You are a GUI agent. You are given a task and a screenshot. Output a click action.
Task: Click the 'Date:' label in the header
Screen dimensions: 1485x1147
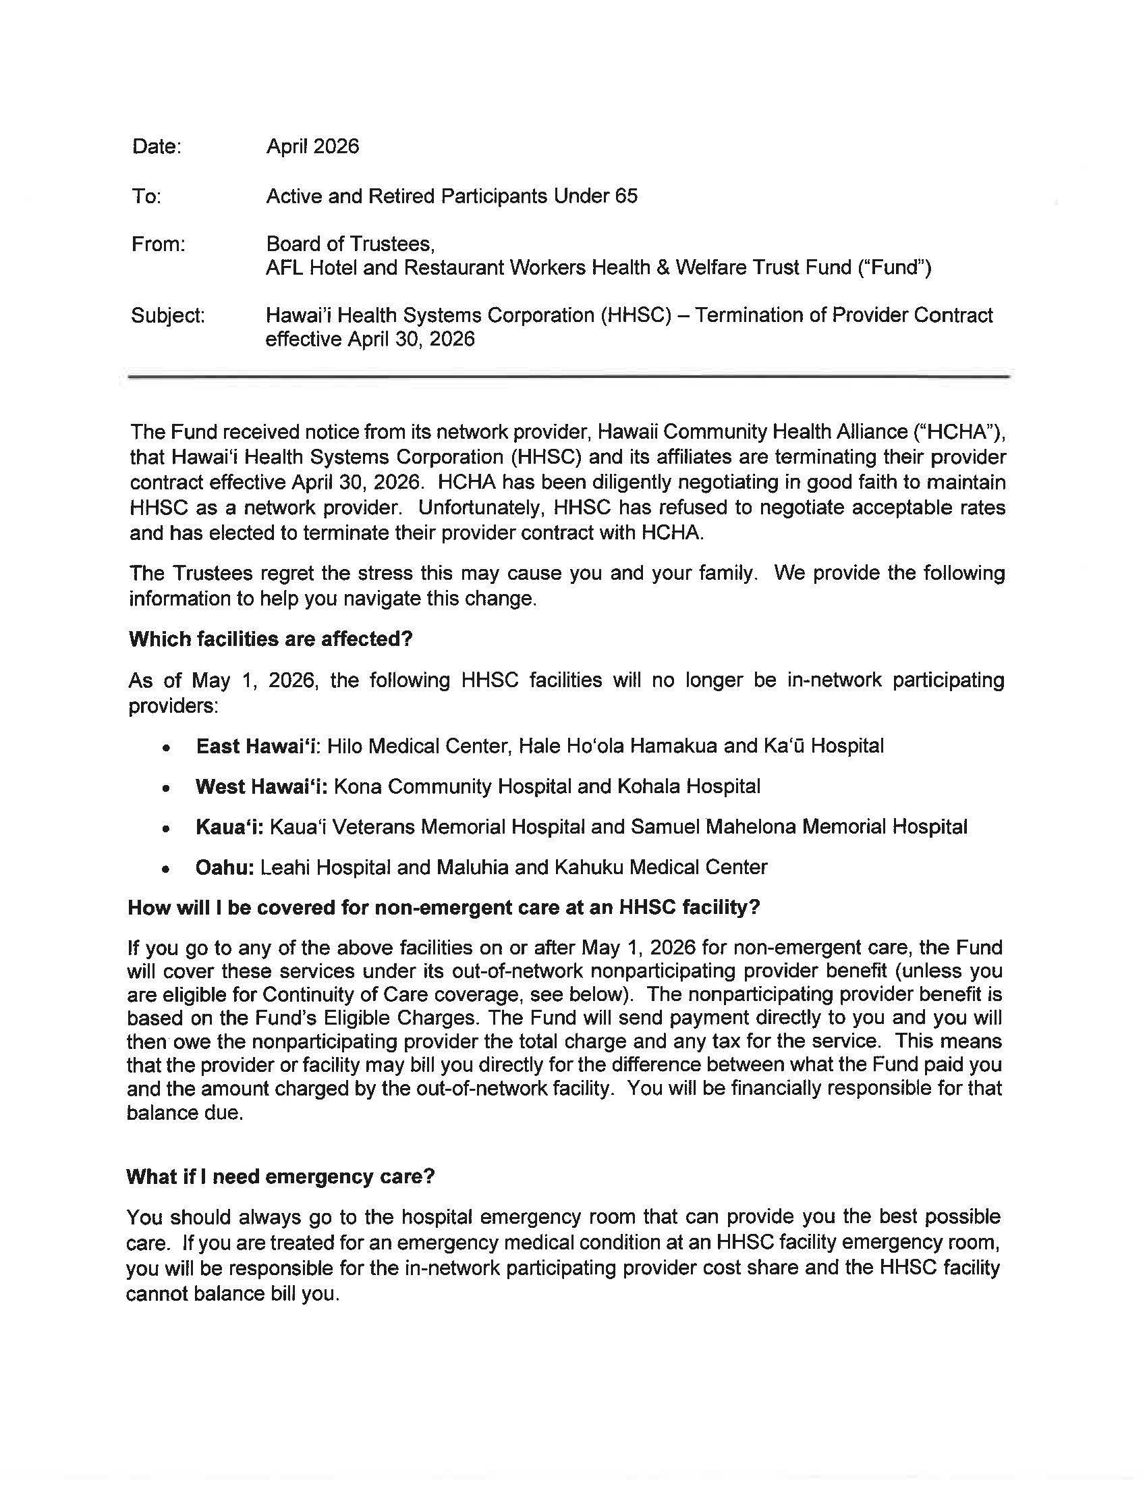pos(157,147)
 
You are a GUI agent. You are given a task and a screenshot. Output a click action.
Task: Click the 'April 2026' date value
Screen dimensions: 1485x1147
pos(312,147)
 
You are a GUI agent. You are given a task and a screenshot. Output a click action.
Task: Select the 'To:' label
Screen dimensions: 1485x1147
pos(146,196)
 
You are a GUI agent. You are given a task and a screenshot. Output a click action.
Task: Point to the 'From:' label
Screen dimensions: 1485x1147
pos(159,244)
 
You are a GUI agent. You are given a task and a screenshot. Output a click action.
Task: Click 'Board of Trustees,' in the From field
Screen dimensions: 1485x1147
pos(350,244)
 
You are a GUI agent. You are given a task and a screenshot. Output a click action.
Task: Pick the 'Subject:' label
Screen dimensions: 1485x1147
pos(168,315)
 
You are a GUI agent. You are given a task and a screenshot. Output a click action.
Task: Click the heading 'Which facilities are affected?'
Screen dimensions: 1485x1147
pos(271,639)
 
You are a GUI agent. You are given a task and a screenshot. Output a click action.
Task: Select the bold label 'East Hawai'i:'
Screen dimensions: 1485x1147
pos(258,747)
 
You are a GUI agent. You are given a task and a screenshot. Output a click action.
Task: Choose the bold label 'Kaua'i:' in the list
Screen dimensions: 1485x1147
pos(229,827)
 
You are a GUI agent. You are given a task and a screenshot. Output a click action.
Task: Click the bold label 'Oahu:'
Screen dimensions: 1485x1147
pos(224,867)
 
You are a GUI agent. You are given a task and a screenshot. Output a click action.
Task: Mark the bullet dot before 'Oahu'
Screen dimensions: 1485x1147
pos(165,869)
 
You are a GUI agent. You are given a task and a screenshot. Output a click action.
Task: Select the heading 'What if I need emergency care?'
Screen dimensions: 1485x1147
pos(280,1177)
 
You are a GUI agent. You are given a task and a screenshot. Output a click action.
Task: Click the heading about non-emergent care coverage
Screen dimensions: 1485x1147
pos(443,908)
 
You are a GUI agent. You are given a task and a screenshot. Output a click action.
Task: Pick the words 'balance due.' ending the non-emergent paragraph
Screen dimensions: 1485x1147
pos(185,1113)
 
